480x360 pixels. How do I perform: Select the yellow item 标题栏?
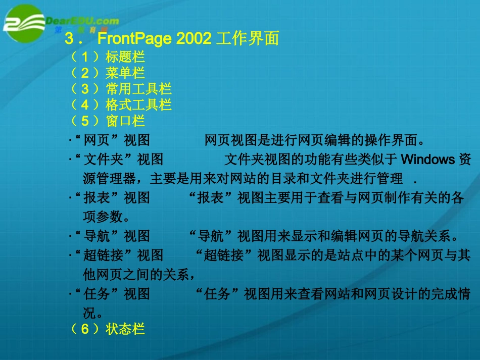point(125,58)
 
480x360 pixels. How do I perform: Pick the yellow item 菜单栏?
point(125,74)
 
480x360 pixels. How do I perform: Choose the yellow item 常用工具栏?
point(138,89)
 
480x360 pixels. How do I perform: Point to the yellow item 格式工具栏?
point(138,105)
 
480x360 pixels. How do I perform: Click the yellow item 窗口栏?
point(125,121)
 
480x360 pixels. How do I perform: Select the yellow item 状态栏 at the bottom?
point(125,329)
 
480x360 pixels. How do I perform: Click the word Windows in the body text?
point(427,160)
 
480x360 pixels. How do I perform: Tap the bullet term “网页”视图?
point(112,140)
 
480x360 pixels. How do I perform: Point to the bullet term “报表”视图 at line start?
point(112,198)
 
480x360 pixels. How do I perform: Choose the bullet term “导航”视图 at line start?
point(112,236)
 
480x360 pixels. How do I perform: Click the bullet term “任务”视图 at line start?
point(112,294)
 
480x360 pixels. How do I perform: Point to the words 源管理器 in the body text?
point(109,179)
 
